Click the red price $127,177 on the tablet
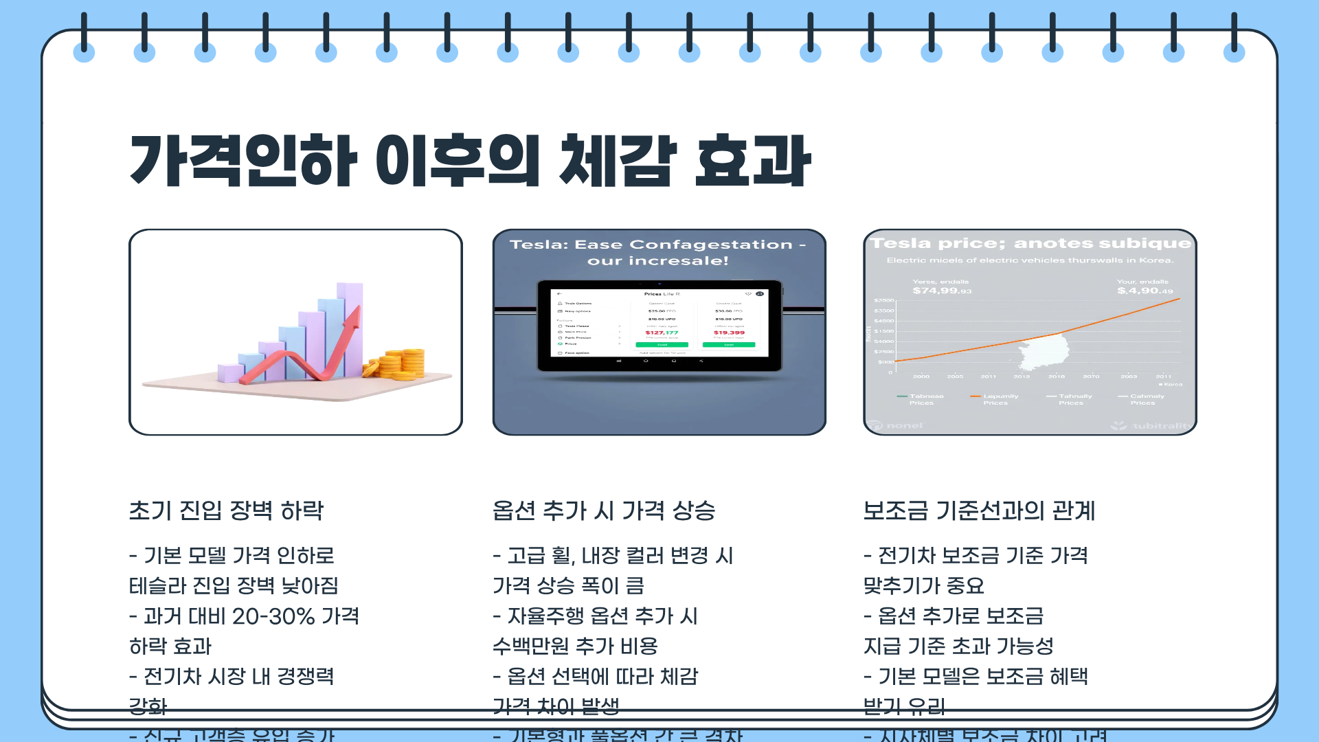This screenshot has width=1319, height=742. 662,333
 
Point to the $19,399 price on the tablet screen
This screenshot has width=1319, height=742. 729,333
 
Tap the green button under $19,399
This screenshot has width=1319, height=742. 729,344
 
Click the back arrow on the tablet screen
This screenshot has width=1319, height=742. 559,294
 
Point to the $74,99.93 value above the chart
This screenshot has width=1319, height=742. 942,291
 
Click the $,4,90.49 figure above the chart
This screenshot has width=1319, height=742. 1145,291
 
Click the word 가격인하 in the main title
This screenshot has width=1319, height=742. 244,161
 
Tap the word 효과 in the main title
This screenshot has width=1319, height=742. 753,161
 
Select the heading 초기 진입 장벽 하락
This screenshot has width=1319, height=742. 226,510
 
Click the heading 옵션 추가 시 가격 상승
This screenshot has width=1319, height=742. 604,510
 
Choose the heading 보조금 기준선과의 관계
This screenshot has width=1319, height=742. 979,510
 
